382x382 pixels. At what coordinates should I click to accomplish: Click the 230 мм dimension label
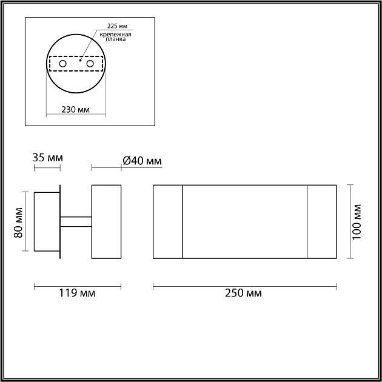click(x=75, y=110)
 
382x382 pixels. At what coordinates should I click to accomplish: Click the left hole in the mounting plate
click(x=62, y=63)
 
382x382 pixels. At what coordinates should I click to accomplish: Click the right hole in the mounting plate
click(x=90, y=63)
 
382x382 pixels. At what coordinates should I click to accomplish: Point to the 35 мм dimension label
click(x=47, y=158)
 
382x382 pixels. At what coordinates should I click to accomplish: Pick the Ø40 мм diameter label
click(x=141, y=161)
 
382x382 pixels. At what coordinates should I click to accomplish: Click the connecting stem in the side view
click(x=76, y=221)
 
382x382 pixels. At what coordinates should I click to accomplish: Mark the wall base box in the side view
click(x=47, y=221)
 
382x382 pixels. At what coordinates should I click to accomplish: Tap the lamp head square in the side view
click(x=106, y=221)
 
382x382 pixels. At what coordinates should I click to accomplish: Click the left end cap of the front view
click(x=167, y=221)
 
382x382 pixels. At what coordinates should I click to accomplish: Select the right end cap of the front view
click(x=322, y=221)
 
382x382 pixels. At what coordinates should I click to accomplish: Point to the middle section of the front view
click(x=245, y=221)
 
